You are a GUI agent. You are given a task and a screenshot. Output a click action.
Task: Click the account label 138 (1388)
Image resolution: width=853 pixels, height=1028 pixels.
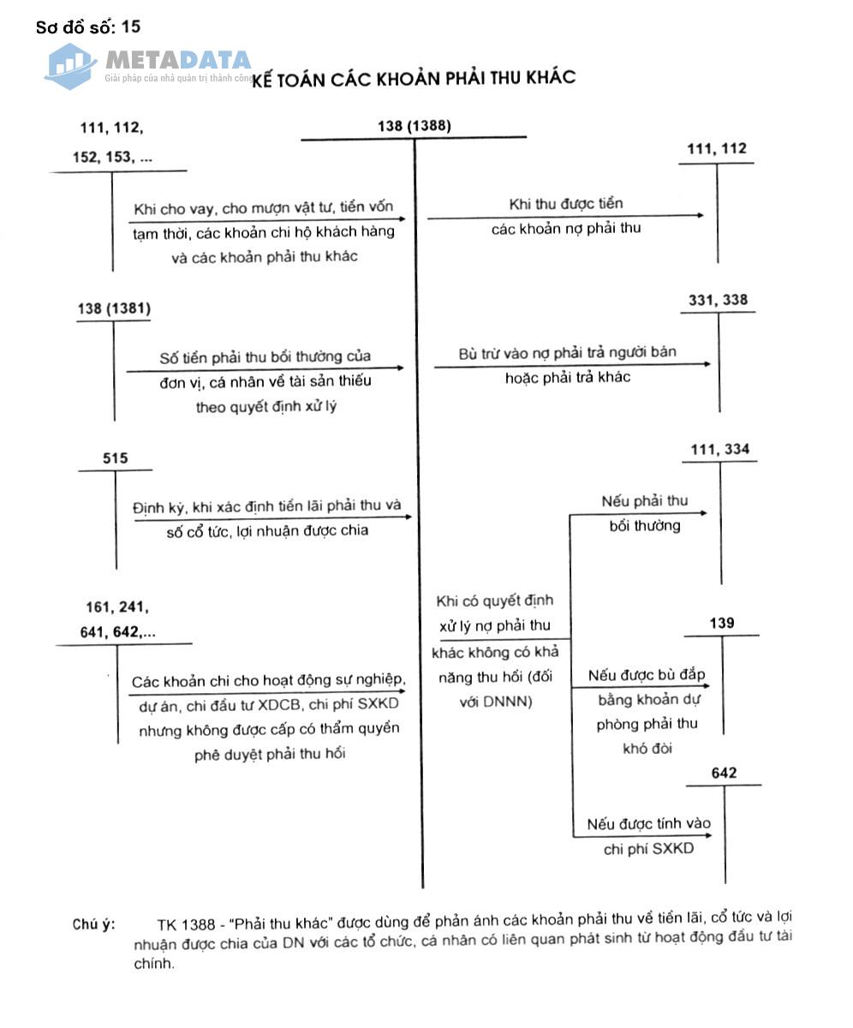point(414,127)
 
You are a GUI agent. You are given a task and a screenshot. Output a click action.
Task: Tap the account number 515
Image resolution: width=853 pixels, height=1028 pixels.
point(115,458)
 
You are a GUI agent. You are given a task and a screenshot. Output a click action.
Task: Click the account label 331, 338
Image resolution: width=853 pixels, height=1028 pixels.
point(718,300)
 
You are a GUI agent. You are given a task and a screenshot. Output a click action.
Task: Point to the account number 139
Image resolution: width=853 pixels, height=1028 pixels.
point(722,623)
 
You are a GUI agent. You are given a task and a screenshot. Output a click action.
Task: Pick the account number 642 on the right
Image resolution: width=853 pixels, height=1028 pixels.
point(724,774)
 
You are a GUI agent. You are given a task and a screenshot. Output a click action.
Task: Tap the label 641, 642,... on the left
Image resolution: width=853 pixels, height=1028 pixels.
point(121,633)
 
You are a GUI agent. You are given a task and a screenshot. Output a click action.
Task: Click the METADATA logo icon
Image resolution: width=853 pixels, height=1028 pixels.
point(70,65)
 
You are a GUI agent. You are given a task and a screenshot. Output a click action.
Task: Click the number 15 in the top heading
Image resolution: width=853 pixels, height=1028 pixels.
point(131,27)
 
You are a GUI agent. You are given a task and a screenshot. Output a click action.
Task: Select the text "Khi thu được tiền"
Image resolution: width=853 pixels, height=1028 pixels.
point(565,204)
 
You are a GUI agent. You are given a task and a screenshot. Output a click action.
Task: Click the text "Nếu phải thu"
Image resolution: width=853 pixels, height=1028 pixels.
point(644,500)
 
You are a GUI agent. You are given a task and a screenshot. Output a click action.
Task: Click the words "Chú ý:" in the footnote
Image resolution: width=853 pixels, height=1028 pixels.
point(93,923)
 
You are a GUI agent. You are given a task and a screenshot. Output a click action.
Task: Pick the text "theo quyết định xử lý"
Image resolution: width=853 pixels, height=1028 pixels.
point(265,407)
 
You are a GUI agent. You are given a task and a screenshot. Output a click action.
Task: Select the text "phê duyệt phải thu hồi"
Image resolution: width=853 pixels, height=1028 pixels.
point(270,755)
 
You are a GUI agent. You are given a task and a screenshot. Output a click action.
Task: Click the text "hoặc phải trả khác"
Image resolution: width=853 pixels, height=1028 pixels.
point(567,377)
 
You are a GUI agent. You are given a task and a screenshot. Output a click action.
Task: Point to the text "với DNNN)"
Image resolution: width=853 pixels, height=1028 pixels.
point(492,701)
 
